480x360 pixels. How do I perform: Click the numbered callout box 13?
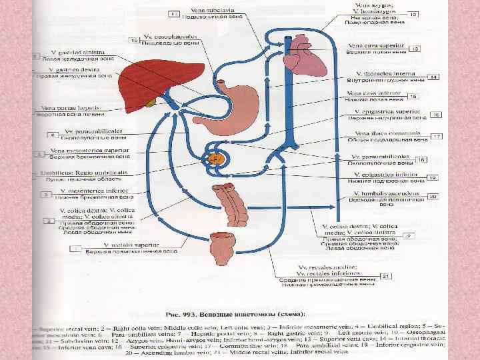[x=414, y=49]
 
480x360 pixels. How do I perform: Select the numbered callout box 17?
[x=437, y=136]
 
